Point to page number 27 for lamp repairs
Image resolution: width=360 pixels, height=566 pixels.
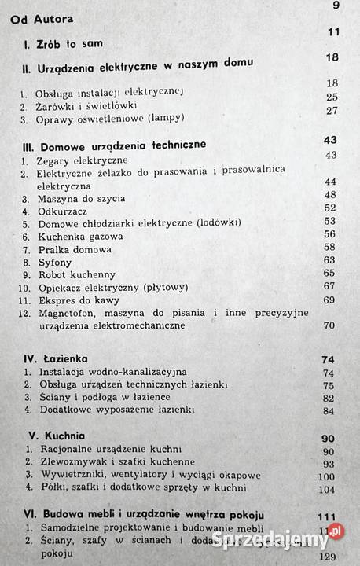pyautogui.click(x=330, y=111)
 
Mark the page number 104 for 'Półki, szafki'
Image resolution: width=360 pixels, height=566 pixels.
pyautogui.click(x=325, y=488)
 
